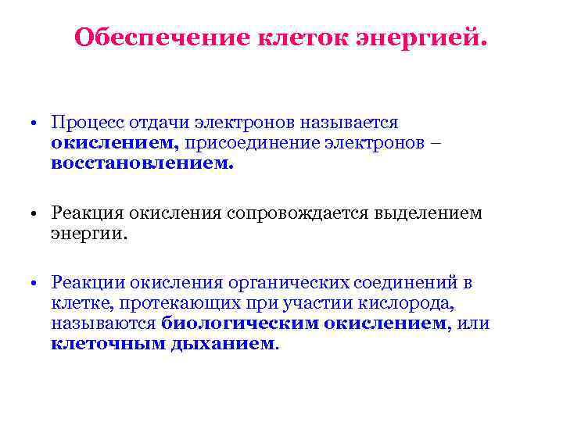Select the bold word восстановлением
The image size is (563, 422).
142,164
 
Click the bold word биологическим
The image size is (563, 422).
249,324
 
